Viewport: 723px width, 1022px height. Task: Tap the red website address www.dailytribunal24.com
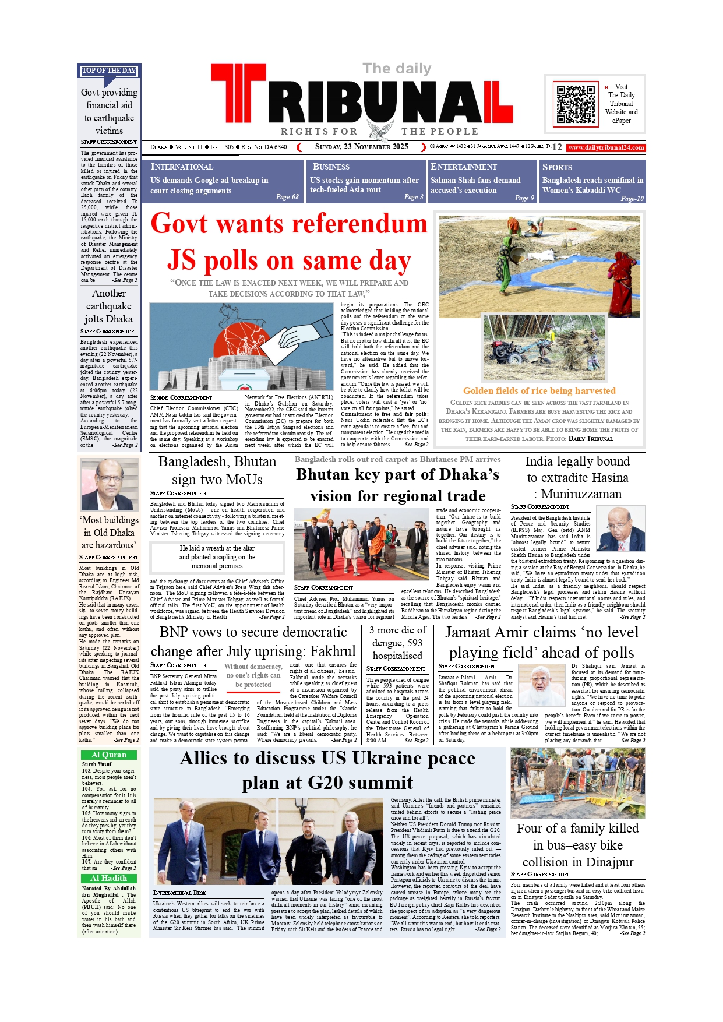click(x=606, y=148)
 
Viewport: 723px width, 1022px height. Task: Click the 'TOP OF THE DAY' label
click(x=109, y=71)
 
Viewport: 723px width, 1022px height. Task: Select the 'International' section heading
click(x=182, y=167)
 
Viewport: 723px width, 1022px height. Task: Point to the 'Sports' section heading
click(x=557, y=167)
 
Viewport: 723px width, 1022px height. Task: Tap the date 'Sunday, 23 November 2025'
click(x=361, y=147)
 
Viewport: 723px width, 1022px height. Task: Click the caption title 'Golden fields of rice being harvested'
click(x=539, y=391)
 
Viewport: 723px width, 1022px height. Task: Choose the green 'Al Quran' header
click(x=109, y=755)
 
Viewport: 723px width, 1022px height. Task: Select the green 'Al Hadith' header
click(x=109, y=878)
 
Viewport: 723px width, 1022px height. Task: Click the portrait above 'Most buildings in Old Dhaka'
click(x=110, y=484)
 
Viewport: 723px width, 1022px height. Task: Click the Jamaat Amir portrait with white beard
click(x=541, y=685)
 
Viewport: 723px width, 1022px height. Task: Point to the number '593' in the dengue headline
click(x=414, y=643)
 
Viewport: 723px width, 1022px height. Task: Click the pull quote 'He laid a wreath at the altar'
click(x=217, y=548)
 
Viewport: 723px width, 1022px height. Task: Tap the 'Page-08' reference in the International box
click(x=287, y=197)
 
